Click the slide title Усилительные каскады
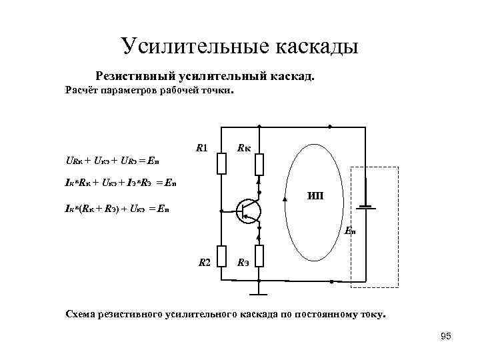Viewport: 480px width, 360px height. [x=240, y=46]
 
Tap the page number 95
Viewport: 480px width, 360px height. [x=446, y=336]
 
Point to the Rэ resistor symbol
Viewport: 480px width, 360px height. [x=260, y=256]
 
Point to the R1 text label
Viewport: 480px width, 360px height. [x=202, y=147]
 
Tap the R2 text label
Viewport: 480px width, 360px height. [x=204, y=263]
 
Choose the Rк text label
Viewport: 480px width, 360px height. [x=244, y=147]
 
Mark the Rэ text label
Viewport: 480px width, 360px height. [x=244, y=263]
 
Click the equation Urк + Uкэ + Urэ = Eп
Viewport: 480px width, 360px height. [x=112, y=161]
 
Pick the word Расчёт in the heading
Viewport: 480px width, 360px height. [x=81, y=90]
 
